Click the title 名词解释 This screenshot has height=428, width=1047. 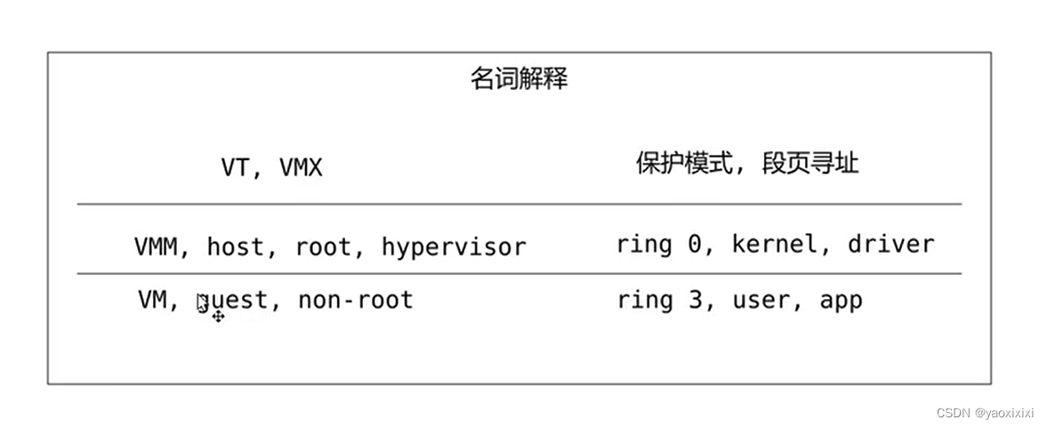click(x=519, y=79)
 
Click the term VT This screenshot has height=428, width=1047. click(x=235, y=167)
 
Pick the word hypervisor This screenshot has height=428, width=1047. click(x=454, y=246)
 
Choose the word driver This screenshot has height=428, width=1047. click(x=890, y=244)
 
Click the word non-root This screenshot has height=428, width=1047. click(x=355, y=300)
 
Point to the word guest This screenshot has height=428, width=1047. click(x=235, y=301)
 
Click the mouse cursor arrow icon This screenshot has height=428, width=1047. click(x=203, y=304)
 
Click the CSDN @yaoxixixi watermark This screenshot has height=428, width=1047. click(x=985, y=413)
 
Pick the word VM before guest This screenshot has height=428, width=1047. click(x=153, y=300)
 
